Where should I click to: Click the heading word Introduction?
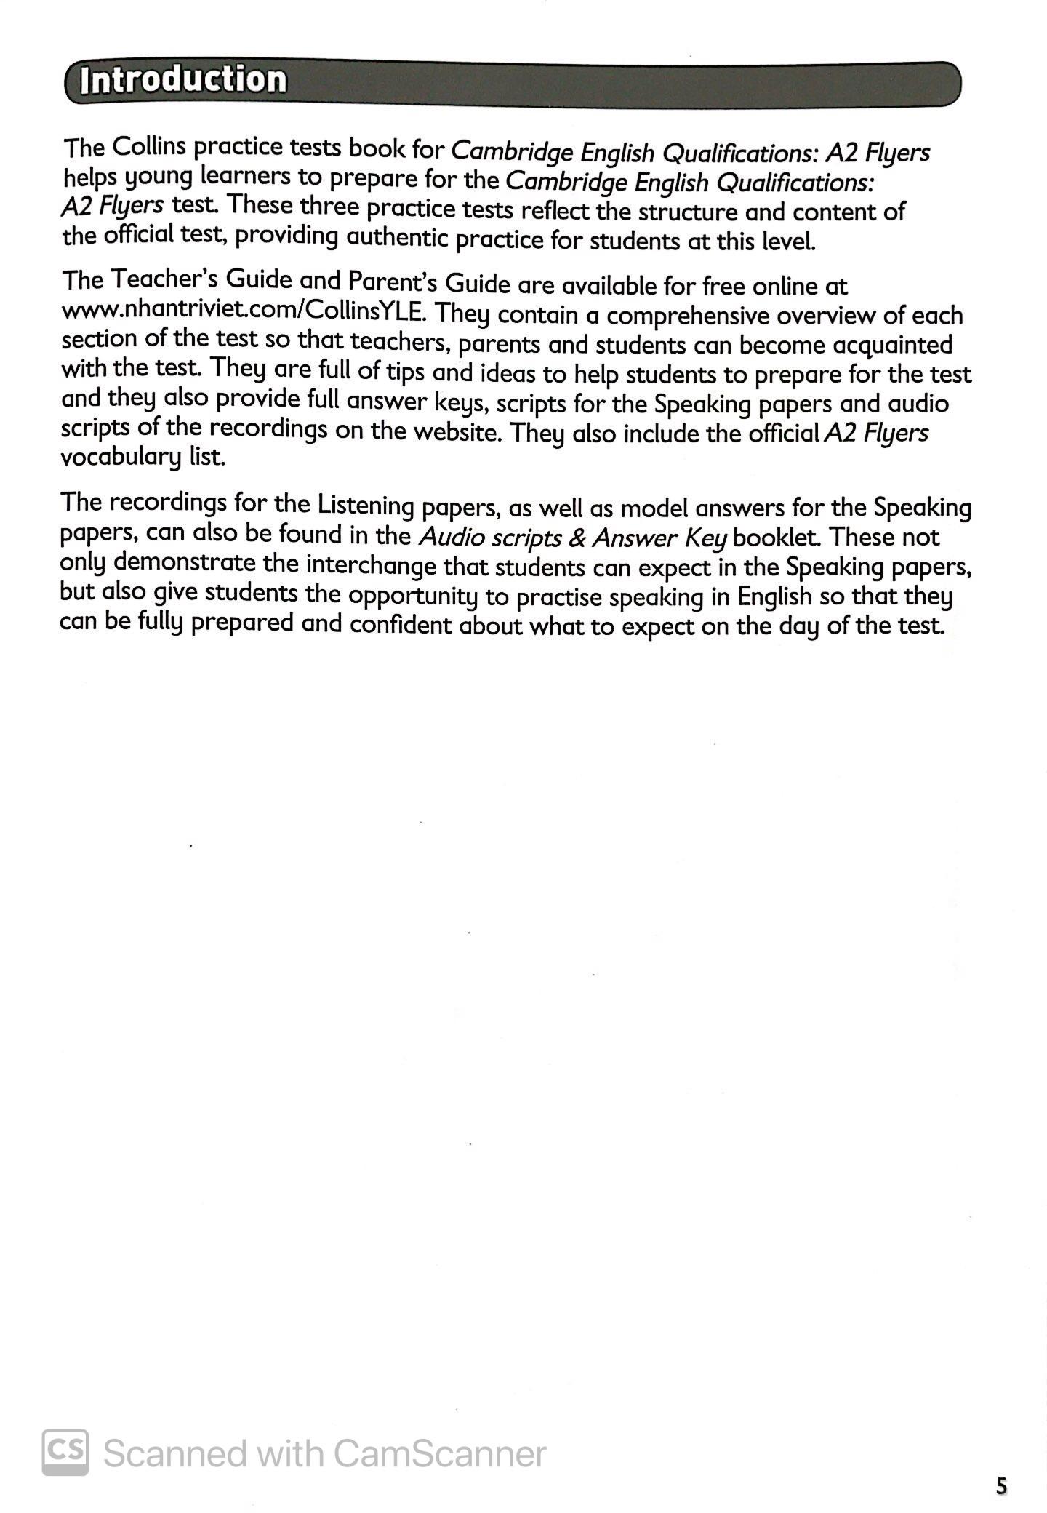(183, 80)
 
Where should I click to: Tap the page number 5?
(1002, 1485)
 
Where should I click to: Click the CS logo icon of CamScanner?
(65, 1452)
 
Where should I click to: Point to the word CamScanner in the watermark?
(439, 1453)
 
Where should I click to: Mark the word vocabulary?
(116, 458)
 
